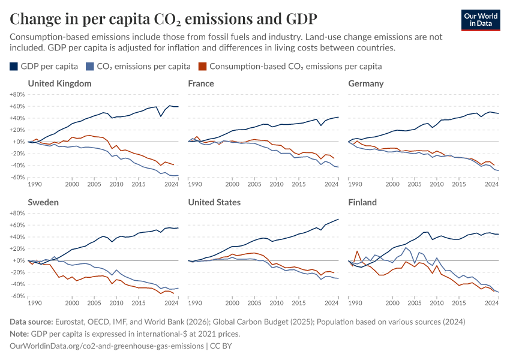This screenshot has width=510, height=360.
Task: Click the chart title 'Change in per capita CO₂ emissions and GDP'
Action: click(x=163, y=19)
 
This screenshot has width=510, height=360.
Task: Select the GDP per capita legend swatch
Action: click(x=14, y=66)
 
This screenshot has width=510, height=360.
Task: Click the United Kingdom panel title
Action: click(x=59, y=83)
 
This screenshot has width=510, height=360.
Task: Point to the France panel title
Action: click(x=201, y=83)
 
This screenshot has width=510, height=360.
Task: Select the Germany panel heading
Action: click(x=365, y=83)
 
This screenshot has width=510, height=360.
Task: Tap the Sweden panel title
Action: click(x=43, y=202)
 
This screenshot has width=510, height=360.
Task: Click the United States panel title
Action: click(x=214, y=202)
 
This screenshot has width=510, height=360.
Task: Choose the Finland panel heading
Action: click(x=362, y=202)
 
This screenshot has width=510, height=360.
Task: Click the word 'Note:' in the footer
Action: click(x=21, y=334)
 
